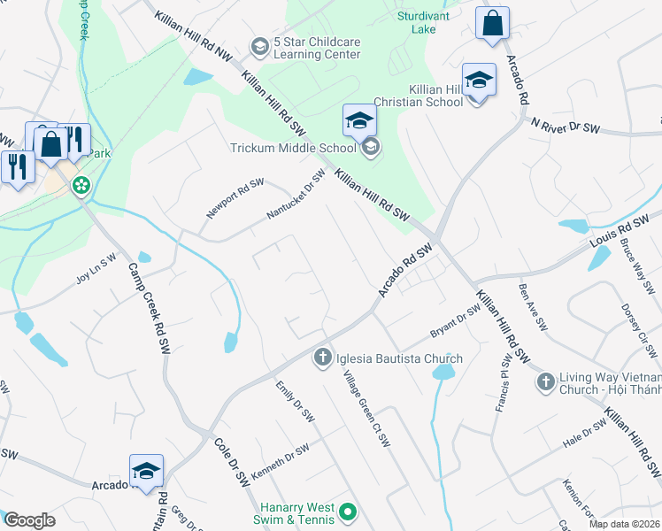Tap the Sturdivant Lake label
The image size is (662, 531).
423,22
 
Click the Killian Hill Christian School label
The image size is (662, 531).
435,96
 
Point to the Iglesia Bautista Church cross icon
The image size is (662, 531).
322,358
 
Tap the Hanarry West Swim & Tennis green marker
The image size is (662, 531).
348,512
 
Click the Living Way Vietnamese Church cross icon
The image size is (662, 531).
546,381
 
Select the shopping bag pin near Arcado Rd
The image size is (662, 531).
492,24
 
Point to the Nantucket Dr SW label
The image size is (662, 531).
296,195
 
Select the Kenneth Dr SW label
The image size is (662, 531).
280,459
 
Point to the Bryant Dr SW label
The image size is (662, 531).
455,320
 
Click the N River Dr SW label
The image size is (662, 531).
566,127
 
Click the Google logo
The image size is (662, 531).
30,520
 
